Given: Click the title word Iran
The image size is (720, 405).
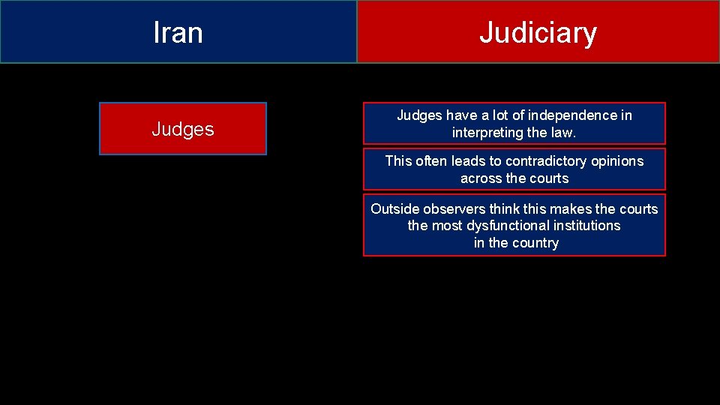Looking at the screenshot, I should (178, 32).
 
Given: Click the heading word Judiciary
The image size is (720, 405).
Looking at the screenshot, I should (538, 32).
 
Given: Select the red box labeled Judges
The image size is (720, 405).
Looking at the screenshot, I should (182, 129).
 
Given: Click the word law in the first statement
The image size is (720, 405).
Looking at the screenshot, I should (565, 133).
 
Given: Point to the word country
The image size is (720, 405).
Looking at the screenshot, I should (534, 243).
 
